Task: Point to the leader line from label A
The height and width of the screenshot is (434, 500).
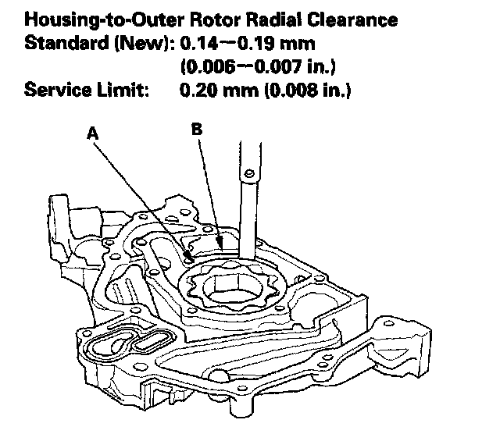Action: coord(141,195)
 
